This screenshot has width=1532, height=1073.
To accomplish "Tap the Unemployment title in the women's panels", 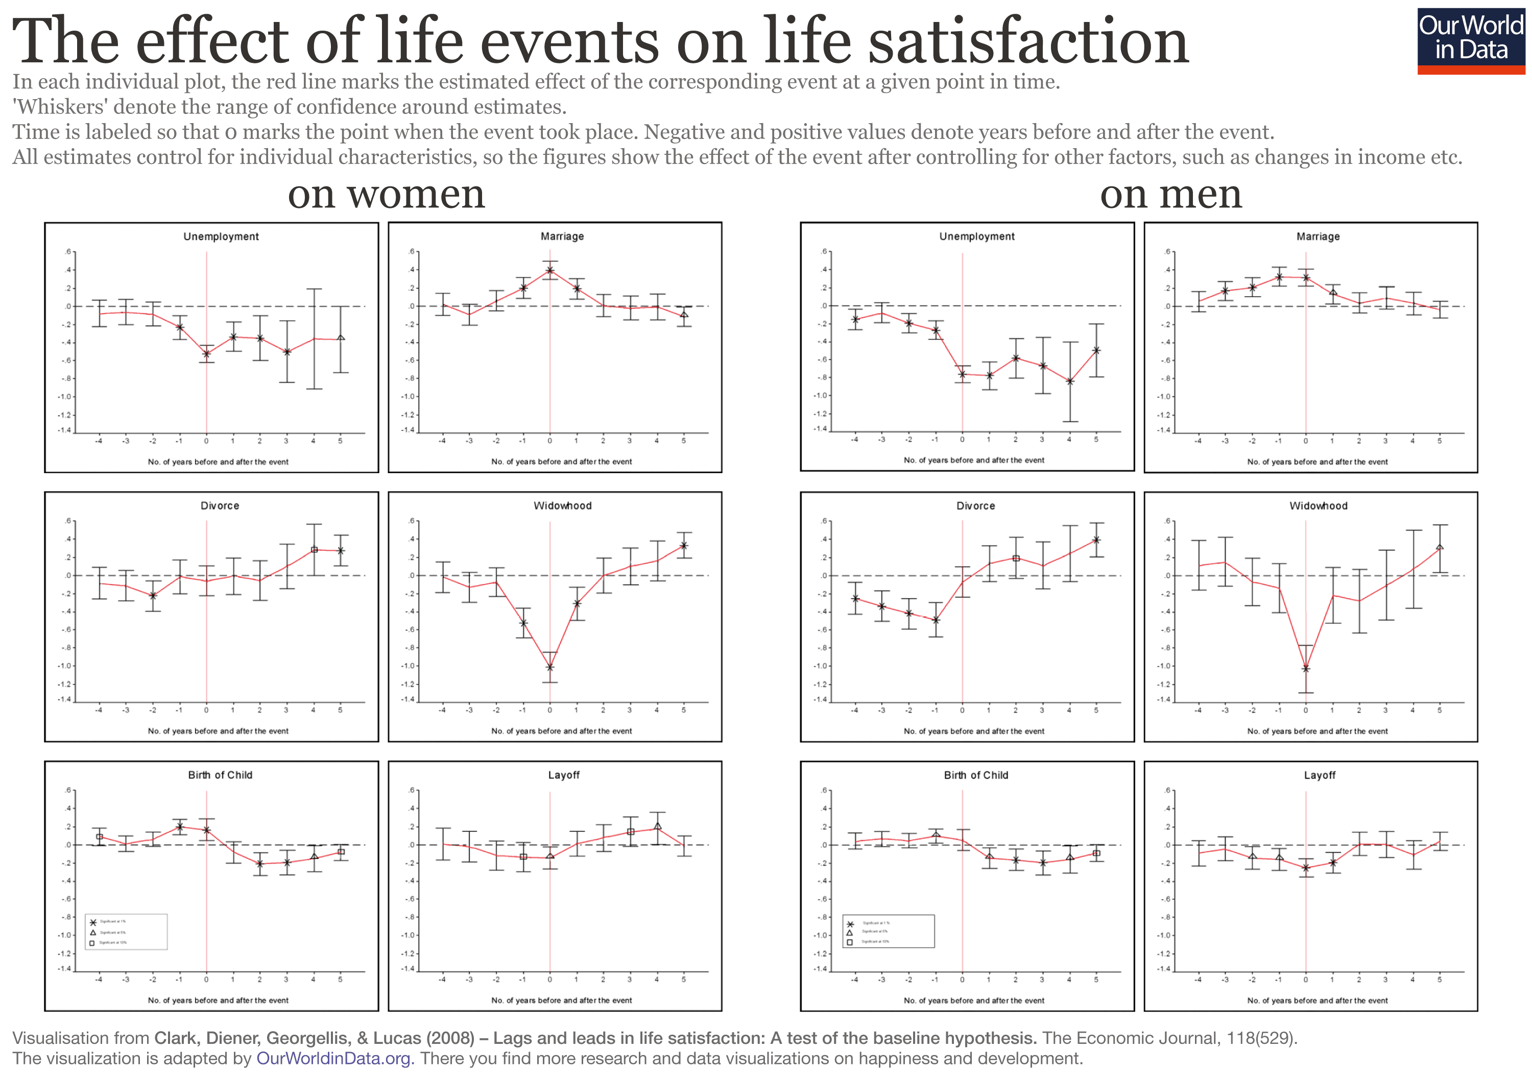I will pyautogui.click(x=221, y=237).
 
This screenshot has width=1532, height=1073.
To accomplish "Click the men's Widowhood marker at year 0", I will pyautogui.click(x=1306, y=668).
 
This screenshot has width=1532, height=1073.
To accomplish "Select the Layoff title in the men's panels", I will pyautogui.click(x=1319, y=775).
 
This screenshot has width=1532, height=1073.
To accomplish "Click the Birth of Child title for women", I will pyautogui.click(x=220, y=775).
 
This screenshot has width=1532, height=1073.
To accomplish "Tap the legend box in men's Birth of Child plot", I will pyautogui.click(x=888, y=931).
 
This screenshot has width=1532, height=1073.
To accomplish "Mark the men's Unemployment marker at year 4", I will pyautogui.click(x=1070, y=381).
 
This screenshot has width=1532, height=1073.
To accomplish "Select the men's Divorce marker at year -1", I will pyautogui.click(x=936, y=620).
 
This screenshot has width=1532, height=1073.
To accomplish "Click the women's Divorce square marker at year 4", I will pyautogui.click(x=314, y=549).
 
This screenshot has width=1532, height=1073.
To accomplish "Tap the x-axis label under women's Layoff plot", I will pyautogui.click(x=561, y=1000).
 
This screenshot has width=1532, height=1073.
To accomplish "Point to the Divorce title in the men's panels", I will pyautogui.click(x=975, y=506).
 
